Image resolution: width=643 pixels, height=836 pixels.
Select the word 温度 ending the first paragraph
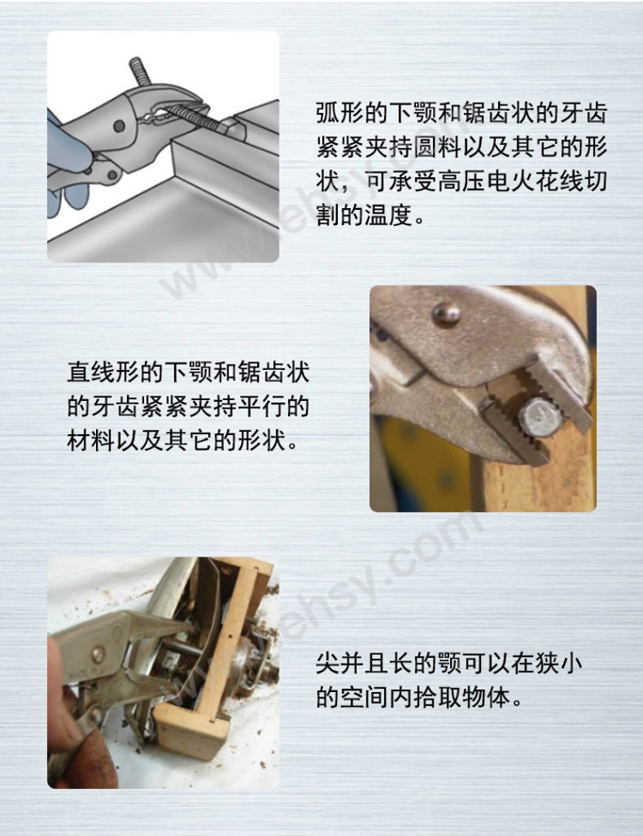pos(389,216)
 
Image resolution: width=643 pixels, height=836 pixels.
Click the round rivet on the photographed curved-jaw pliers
pos(446,314)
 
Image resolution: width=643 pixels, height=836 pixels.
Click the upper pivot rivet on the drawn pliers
pos(119,126)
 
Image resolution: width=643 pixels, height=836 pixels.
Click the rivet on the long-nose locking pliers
pos(98,654)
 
